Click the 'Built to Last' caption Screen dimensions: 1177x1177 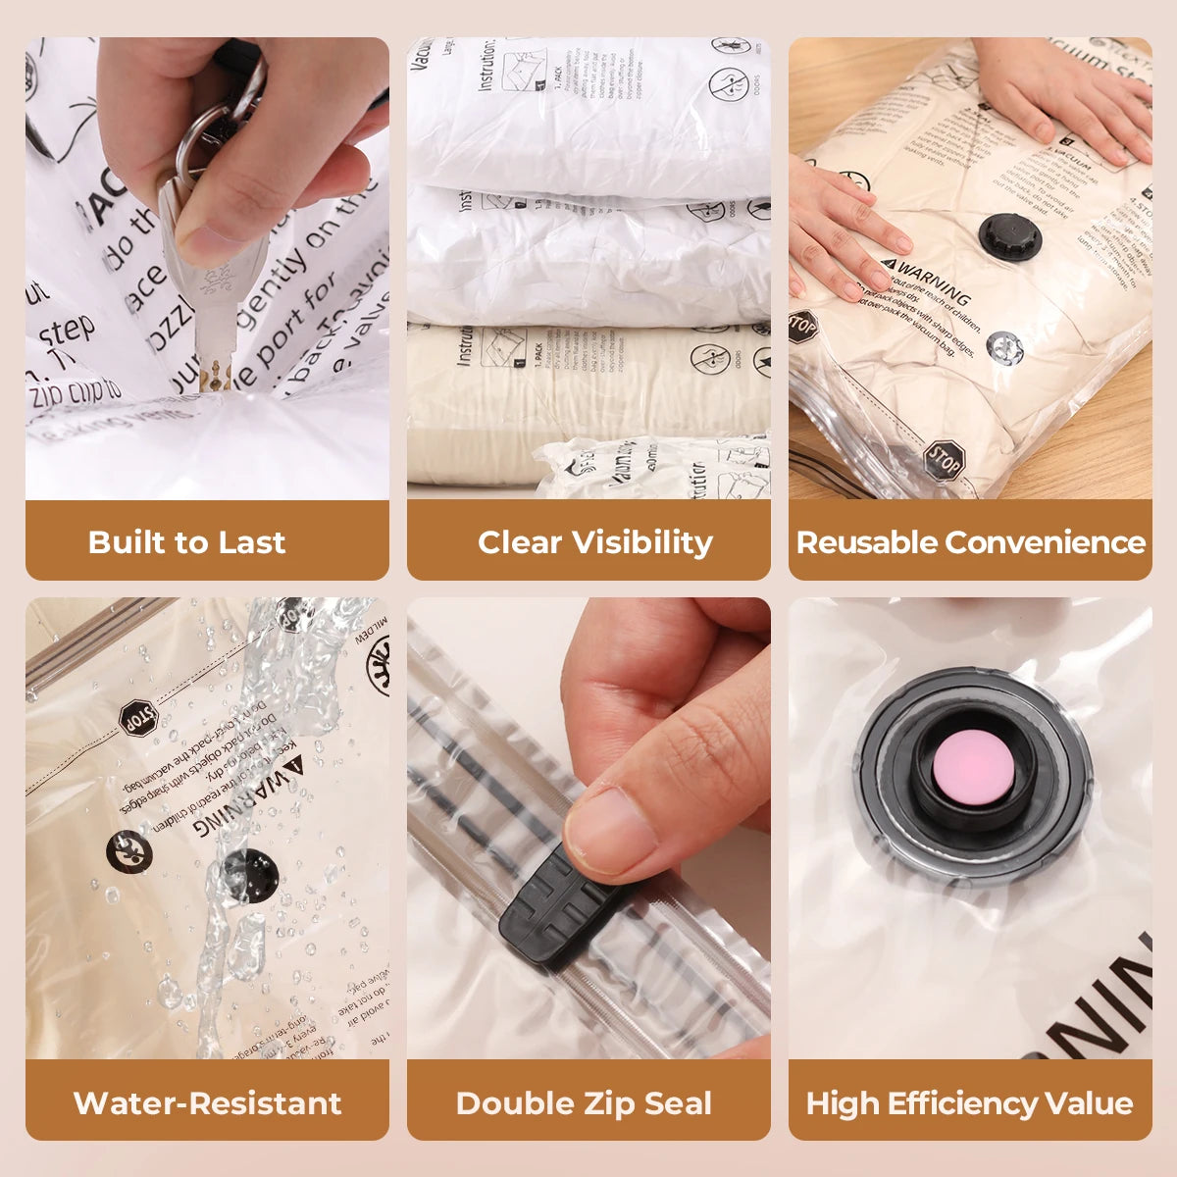tap(186, 541)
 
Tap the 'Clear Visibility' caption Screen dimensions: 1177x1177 tap(594, 541)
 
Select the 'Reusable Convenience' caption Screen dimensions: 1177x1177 tap(970, 541)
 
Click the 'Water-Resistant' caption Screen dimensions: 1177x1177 tap(207, 1102)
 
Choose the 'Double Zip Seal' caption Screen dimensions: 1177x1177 tap(584, 1102)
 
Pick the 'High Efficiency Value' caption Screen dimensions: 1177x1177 tap(969, 1102)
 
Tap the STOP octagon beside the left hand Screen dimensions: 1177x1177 tap(801, 326)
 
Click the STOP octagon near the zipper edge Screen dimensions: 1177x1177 tap(944, 458)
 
